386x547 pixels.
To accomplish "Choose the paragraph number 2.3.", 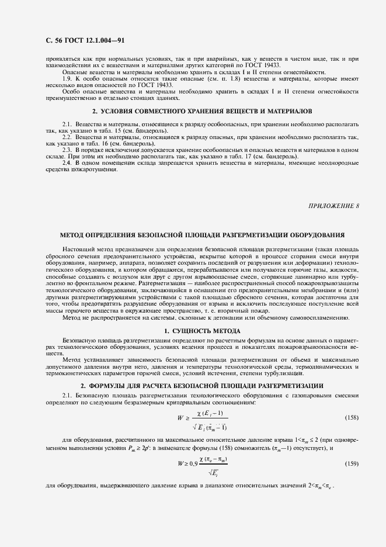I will [x=67, y=150].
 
